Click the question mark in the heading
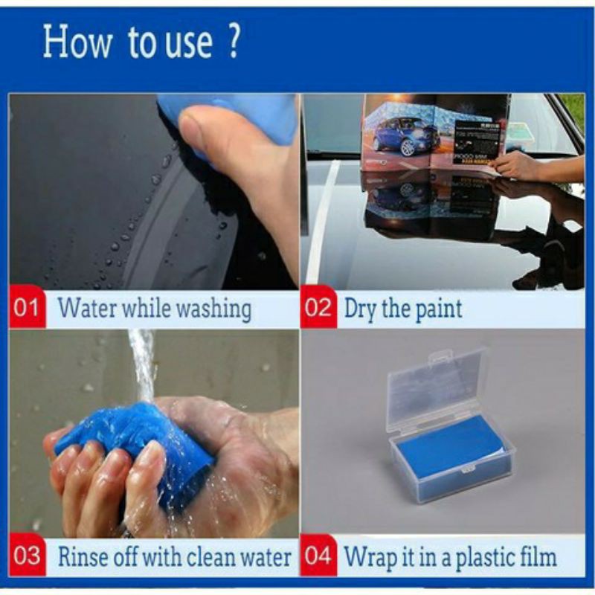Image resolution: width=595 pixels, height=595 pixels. [x=234, y=41]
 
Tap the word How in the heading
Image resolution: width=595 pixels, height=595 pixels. [x=77, y=42]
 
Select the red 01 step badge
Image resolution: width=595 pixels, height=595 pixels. [x=28, y=307]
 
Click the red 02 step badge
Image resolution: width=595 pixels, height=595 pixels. [x=318, y=307]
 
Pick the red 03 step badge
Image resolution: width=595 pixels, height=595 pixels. [x=28, y=556]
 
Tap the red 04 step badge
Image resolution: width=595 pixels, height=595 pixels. [x=318, y=556]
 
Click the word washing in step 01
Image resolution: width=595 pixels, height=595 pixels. [x=214, y=309]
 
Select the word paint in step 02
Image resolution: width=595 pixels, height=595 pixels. [x=439, y=309]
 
